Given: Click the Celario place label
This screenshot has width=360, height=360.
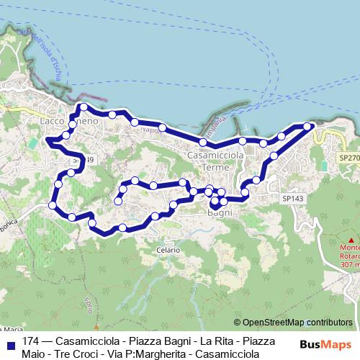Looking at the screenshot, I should tap(167, 249).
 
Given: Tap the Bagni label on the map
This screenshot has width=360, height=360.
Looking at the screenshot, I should tap(218, 213).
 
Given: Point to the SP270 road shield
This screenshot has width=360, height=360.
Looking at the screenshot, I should tap(348, 157).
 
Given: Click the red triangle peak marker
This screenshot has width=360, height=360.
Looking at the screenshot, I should tap(351, 240).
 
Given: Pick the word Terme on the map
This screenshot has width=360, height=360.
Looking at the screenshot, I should tap(216, 167).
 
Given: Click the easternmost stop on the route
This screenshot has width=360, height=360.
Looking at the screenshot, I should tap(307, 127).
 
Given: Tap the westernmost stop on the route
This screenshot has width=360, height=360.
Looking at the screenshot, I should tap(52, 207).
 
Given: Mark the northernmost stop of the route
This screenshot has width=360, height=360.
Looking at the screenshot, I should tap(84, 107).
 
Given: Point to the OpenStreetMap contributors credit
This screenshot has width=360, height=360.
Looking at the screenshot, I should tap(297, 323).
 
